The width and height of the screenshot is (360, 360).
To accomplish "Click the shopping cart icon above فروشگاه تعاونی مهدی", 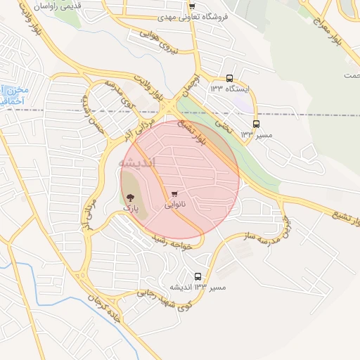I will coord(192,6).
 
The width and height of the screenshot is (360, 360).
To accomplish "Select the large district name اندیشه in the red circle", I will coord(138,162).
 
